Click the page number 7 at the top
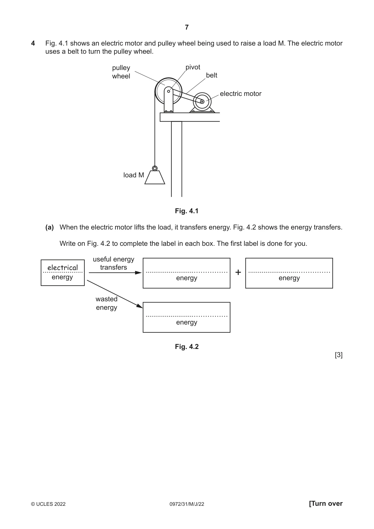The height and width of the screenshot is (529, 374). point(187,27)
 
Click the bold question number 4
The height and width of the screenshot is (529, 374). point(33,43)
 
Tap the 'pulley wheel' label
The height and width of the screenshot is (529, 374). point(121,72)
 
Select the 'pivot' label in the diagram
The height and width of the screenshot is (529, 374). point(193,67)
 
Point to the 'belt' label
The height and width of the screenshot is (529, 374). point(212,75)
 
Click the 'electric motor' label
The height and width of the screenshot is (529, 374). point(240,94)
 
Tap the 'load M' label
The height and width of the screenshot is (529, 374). point(134,175)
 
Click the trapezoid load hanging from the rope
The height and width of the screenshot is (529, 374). point(155,177)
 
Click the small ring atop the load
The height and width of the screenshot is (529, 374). point(155,168)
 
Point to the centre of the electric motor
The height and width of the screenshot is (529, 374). point(202,102)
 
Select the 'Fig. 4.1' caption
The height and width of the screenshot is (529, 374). point(187,211)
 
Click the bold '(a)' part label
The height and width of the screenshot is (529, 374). point(50,227)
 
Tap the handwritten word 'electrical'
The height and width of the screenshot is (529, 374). point(62,268)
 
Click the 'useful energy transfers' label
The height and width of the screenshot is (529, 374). point(114,263)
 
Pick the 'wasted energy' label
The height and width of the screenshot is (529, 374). point(106,303)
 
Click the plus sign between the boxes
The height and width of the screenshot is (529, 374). point(238,272)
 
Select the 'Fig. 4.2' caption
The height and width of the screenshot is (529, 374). point(187,347)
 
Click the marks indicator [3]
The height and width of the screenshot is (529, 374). point(339,355)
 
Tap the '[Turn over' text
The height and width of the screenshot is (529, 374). point(326,503)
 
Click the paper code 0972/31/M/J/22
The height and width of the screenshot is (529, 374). point(187,504)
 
